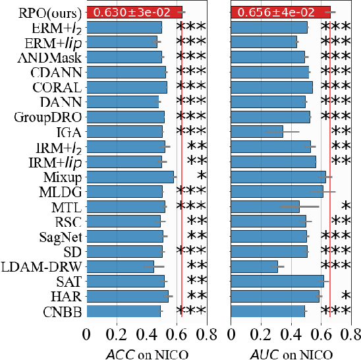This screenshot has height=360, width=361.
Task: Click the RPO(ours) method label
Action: (x=41, y=12)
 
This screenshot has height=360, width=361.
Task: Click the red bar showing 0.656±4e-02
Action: (x=280, y=12)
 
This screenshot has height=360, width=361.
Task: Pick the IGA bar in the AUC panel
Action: (x=257, y=131)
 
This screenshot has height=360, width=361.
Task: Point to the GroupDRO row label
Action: (x=48, y=117)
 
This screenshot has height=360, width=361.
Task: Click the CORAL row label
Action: (x=57, y=87)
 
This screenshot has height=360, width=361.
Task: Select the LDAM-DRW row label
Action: (x=42, y=266)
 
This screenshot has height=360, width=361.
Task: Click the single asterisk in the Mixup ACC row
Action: (x=201, y=177)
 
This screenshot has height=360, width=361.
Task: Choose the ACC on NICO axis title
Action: (x=147, y=353)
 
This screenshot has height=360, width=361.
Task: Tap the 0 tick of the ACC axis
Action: (x=86, y=334)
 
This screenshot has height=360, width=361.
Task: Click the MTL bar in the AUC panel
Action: (x=265, y=206)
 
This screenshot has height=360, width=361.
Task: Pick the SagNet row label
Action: (x=57, y=236)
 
